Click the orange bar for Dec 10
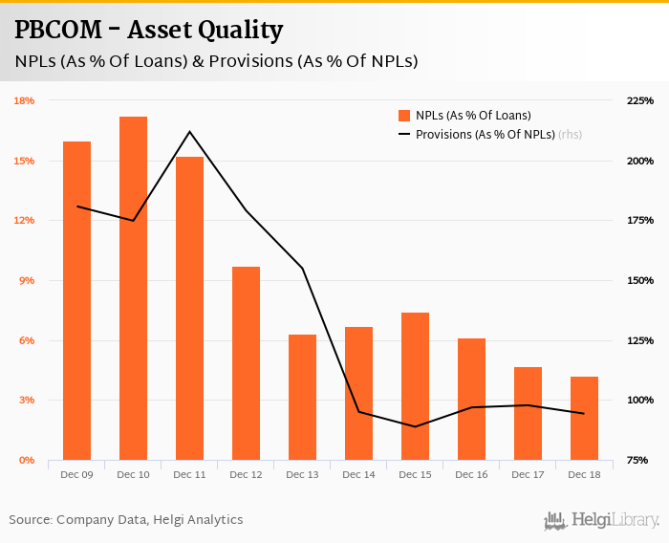133,288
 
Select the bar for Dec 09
76,300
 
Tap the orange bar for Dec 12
246,363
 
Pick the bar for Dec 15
415,386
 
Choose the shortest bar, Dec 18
584,418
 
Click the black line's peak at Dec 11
189,132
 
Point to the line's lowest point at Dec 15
415,426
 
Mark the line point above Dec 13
302,268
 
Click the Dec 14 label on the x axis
358,474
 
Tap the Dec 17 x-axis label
528,474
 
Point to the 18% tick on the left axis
24,100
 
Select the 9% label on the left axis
27,280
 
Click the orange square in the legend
404,116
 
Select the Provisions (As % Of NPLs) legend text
485,135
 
